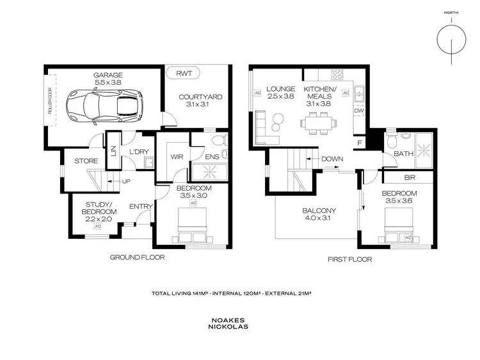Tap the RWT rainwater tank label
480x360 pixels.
pyautogui.click(x=184, y=74)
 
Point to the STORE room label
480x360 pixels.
pyautogui.click(x=86, y=161)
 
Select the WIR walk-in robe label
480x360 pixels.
pyautogui.click(x=177, y=156)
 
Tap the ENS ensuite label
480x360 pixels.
pyautogui.click(x=213, y=156)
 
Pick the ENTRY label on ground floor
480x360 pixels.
pyautogui.click(x=140, y=206)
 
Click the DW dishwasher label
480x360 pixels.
pyautogui.click(x=358, y=110)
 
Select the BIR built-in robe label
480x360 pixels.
pyautogui.click(x=409, y=177)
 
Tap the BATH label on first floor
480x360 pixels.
pyautogui.click(x=403, y=154)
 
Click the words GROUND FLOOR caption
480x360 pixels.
pyautogui.click(x=138, y=258)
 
